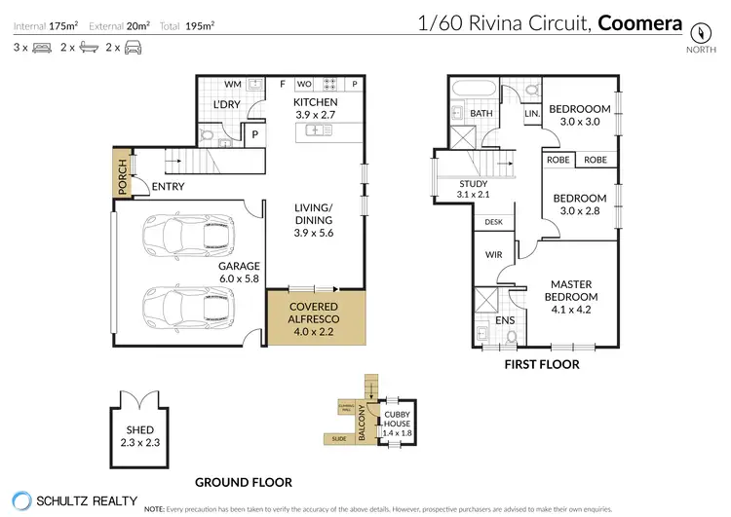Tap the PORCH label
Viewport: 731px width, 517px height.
point(123,178)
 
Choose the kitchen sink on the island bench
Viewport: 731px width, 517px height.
point(316,130)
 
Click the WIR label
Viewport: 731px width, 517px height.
point(492,256)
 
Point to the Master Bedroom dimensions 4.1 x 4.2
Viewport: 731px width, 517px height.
point(568,311)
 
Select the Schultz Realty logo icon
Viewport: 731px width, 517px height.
point(18,499)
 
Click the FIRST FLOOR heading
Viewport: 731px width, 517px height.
point(540,364)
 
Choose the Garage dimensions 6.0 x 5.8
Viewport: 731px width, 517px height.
point(239,278)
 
